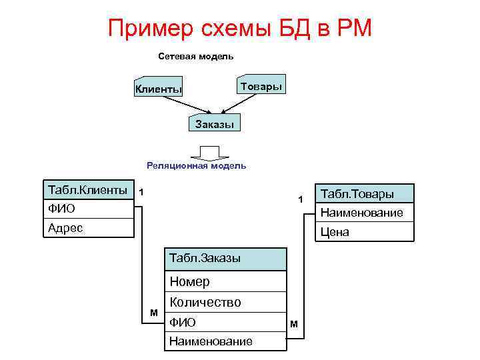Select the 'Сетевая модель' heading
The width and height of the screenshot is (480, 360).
[x=195, y=57]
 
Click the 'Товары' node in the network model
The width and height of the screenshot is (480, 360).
[x=261, y=87]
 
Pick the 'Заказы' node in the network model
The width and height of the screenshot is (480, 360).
[x=214, y=124]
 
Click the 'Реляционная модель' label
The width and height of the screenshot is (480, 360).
[x=196, y=165]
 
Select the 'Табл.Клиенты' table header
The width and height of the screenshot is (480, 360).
[x=87, y=189]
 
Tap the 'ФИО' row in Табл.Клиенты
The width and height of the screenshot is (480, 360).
[x=87, y=209]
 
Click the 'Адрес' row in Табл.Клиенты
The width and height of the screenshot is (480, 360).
[x=87, y=228]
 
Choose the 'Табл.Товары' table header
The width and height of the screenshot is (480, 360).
[x=364, y=193]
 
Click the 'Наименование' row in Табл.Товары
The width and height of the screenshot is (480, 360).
[x=364, y=213]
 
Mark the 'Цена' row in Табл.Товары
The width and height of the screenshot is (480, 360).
[x=364, y=232]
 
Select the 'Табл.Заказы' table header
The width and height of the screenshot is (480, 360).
[x=225, y=258]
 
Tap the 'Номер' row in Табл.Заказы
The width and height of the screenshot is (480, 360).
[x=225, y=281]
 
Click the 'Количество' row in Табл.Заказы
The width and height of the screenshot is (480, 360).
[x=225, y=302]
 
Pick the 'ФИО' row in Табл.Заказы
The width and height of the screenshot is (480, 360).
[x=225, y=322]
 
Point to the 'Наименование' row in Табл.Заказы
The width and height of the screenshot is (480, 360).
[x=225, y=341]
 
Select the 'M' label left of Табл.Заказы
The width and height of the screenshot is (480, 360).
[x=154, y=312]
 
